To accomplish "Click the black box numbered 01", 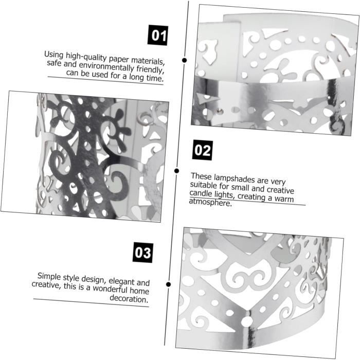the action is pos(158,35).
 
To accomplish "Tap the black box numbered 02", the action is pos(203,150).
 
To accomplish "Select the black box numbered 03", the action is pos(143,253).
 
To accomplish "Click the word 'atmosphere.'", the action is pos(210,202).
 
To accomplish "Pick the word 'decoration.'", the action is pos(129,298).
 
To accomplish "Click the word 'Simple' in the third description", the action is pos(49,276).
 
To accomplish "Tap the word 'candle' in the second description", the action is pos(201,193).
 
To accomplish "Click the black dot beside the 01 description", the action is pos(184,60).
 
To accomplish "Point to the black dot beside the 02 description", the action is pos(176,171).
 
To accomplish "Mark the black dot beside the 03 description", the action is pos(168,284).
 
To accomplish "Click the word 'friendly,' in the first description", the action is pos(150,69).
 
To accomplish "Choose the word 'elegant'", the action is pos(121,281).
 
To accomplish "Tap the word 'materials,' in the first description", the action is pos(148,61).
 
